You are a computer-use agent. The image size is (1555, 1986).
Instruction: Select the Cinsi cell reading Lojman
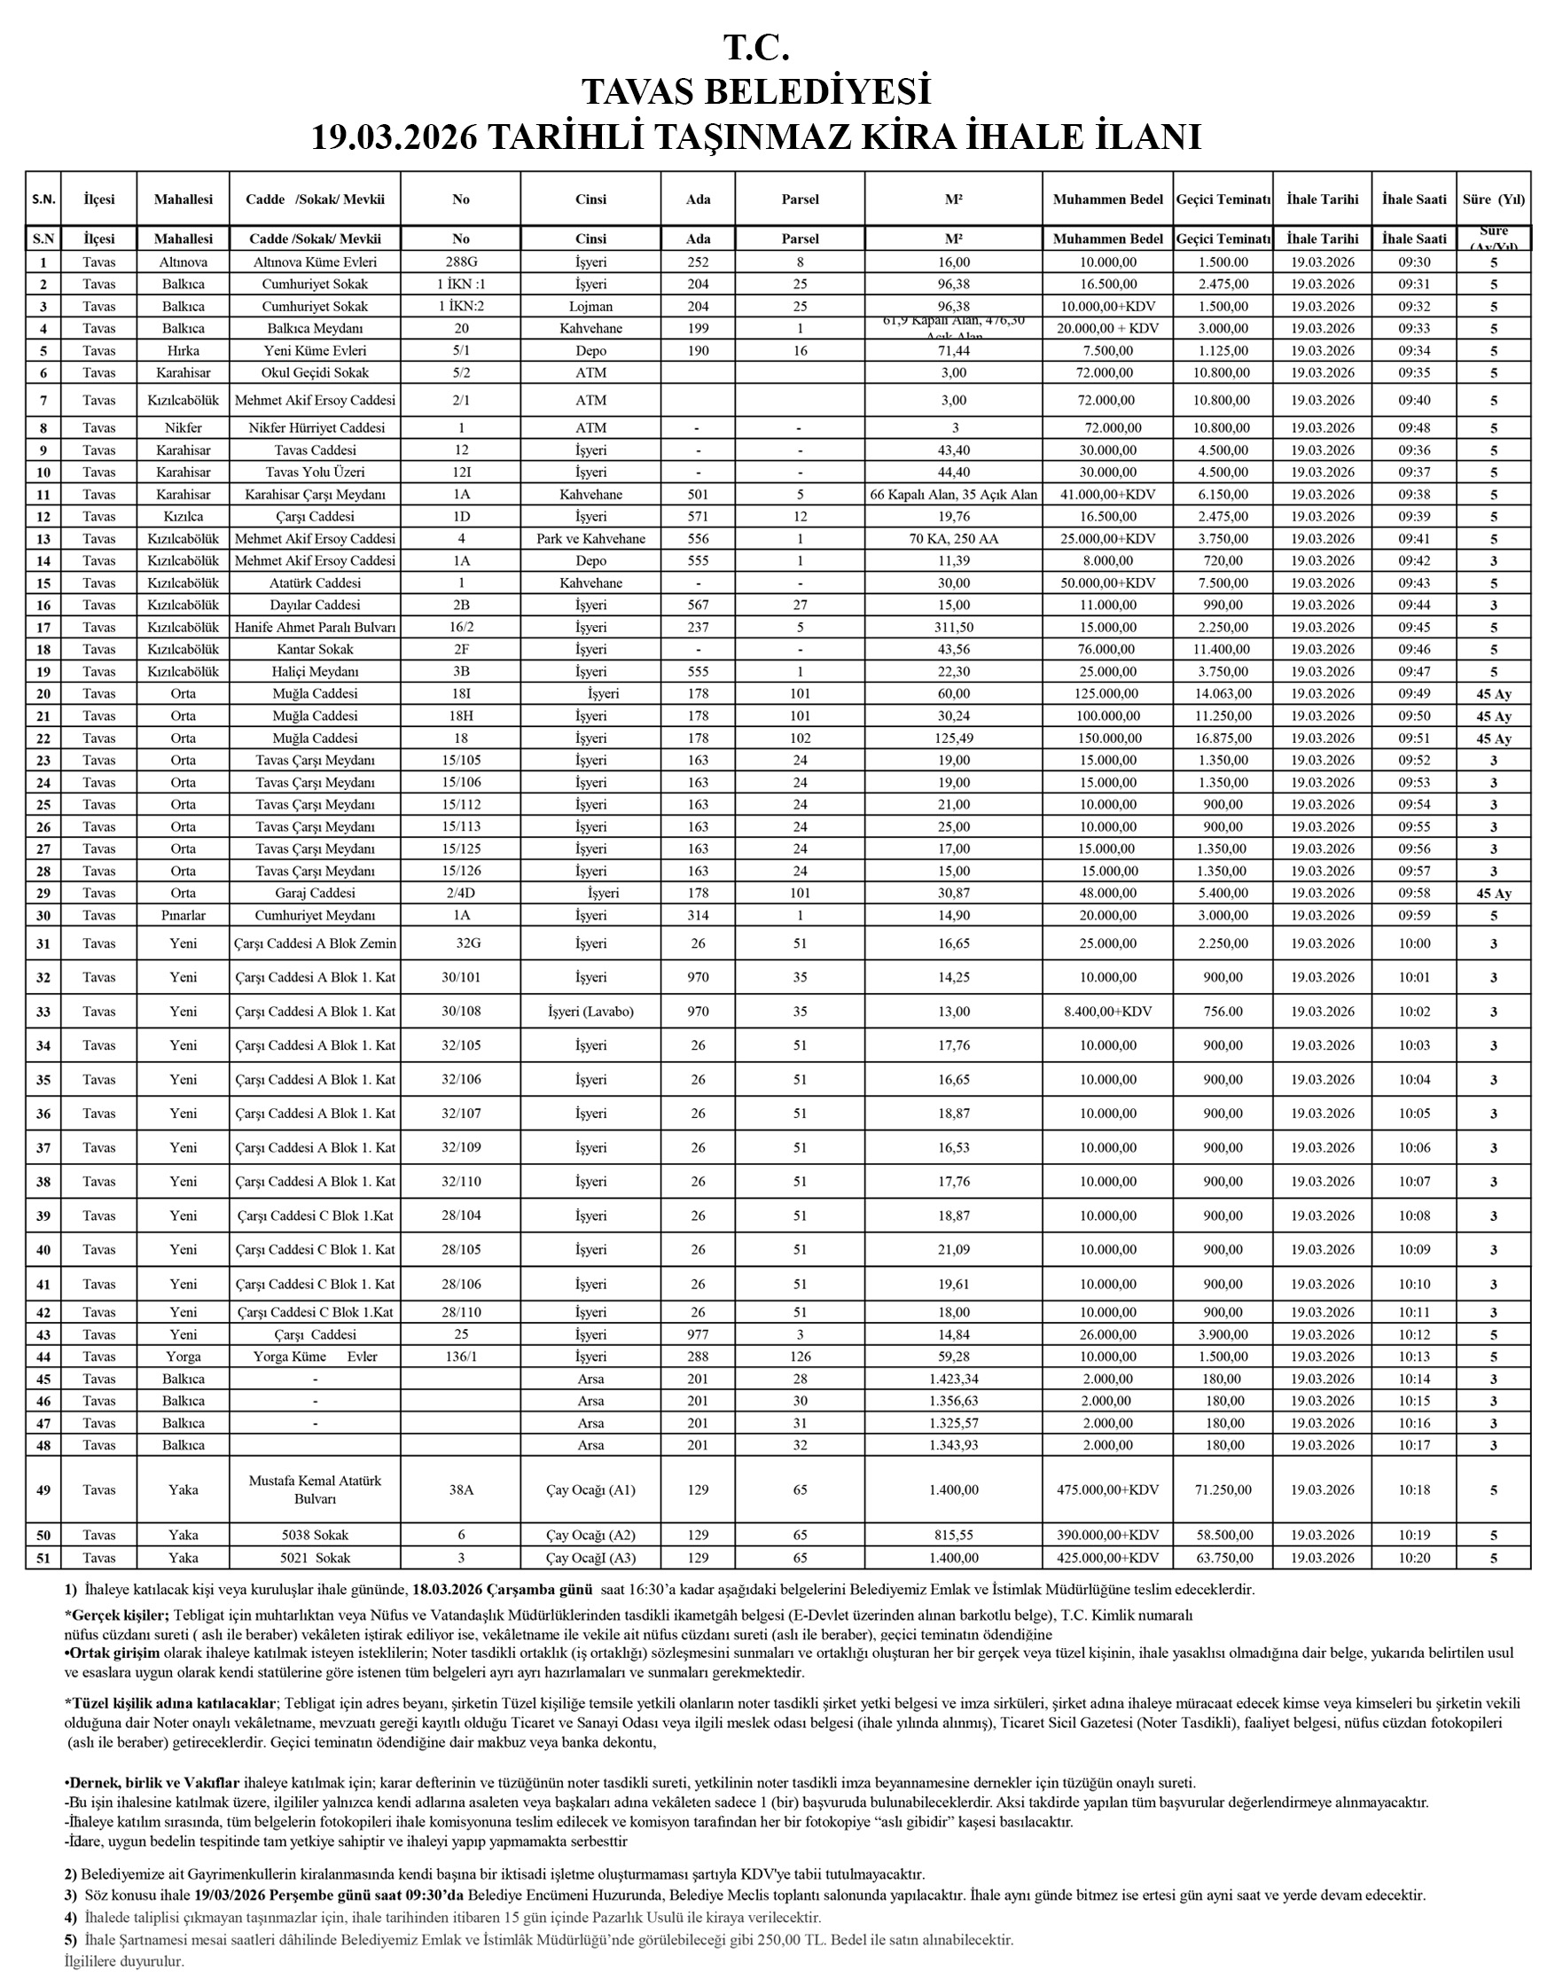pyautogui.click(x=590, y=306)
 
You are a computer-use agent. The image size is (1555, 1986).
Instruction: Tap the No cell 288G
pyautogui.click(x=461, y=262)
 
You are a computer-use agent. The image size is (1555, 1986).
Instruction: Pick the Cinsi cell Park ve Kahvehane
pyautogui.click(x=590, y=538)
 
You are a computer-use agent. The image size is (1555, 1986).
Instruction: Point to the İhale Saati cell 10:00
pyautogui.click(x=1413, y=943)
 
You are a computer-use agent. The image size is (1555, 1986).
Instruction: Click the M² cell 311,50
pyautogui.click(x=953, y=628)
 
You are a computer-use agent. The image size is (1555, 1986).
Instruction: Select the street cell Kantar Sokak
pyautogui.click(x=315, y=649)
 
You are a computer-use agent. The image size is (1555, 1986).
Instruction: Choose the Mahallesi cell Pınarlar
pyautogui.click(x=183, y=915)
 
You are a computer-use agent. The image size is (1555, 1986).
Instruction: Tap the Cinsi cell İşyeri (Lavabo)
pyautogui.click(x=590, y=1011)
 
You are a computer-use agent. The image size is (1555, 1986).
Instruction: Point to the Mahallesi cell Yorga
pyautogui.click(x=183, y=1357)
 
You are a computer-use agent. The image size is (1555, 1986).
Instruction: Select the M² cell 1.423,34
pyautogui.click(x=953, y=1379)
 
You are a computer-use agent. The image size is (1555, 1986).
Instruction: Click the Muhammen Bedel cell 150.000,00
pyautogui.click(x=1107, y=739)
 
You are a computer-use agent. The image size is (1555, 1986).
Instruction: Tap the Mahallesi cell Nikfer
pyautogui.click(x=183, y=428)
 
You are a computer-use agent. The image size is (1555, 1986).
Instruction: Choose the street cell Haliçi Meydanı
pyautogui.click(x=315, y=672)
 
